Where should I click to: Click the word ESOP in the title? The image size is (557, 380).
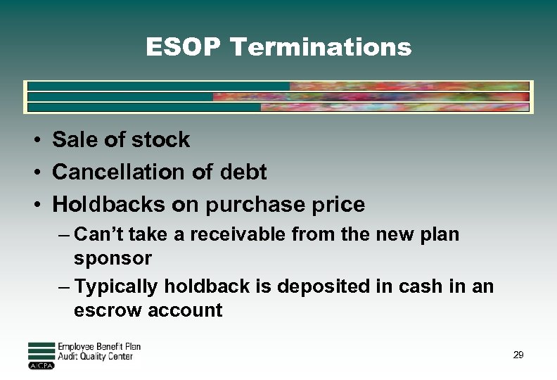(184, 47)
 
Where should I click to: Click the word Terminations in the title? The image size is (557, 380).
(321, 47)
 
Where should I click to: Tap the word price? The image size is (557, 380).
(338, 205)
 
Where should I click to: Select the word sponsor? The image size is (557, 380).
(113, 259)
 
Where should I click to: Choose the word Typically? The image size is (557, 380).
(117, 286)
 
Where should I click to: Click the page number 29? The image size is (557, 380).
(518, 355)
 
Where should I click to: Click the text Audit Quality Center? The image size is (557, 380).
(95, 357)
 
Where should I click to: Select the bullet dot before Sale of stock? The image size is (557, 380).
(34, 140)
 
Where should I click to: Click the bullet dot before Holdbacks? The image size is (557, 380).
(34, 205)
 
